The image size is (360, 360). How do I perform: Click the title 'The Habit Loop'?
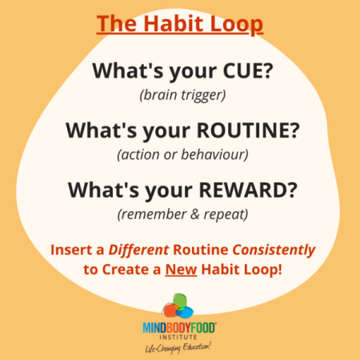(x=180, y=24)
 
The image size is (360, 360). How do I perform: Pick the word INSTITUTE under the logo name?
(x=179, y=334)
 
